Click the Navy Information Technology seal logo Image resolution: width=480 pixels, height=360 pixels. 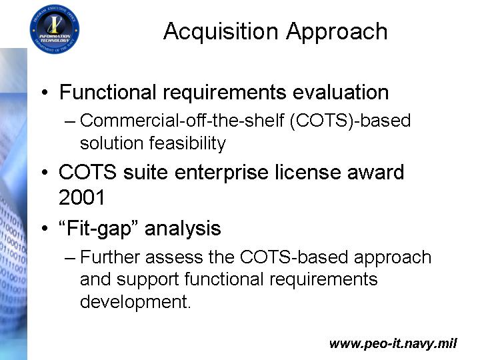(55, 29)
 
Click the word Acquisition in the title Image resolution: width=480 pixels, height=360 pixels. (221, 32)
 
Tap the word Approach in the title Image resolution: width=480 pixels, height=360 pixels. (337, 32)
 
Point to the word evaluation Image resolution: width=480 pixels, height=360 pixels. (341, 92)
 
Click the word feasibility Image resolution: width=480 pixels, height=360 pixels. (187, 143)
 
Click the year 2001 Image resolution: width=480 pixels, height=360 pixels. (82, 197)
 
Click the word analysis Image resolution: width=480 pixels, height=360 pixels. (183, 229)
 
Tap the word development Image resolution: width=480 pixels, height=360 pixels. (135, 302)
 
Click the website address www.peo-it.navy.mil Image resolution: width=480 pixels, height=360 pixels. (393, 343)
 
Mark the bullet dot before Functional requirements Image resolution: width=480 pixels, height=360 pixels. (45, 93)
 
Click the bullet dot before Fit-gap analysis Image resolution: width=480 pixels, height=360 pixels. (45, 229)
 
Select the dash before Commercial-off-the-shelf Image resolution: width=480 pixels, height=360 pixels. (70, 122)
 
